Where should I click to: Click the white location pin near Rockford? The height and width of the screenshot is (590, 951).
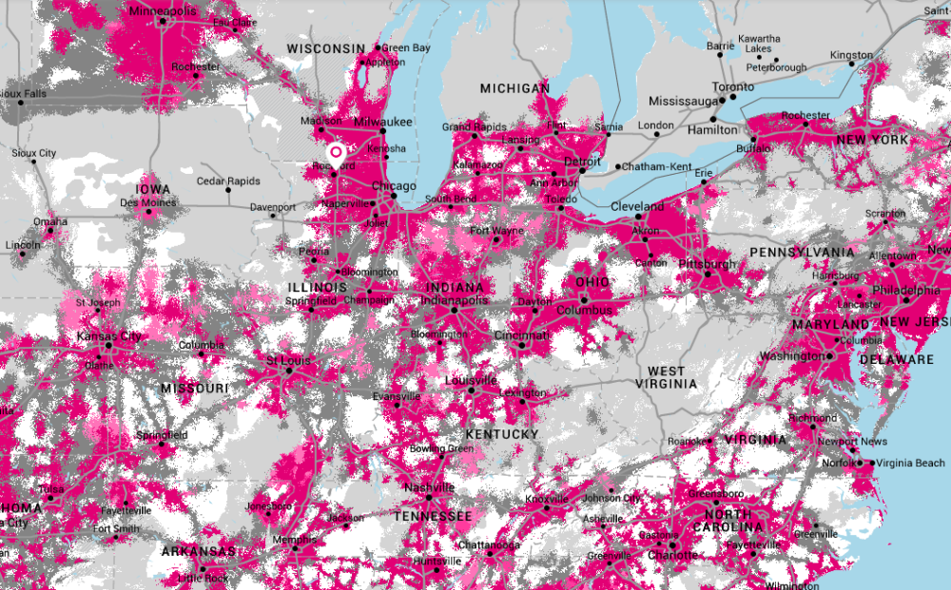336,154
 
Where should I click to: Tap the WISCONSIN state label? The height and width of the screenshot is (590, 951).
326,48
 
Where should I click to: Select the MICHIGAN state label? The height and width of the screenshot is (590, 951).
514,88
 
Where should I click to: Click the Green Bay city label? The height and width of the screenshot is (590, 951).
406,48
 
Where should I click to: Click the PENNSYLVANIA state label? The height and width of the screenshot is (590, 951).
802,252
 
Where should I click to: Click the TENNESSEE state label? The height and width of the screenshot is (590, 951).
434,516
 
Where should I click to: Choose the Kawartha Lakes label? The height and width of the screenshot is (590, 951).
758,43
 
